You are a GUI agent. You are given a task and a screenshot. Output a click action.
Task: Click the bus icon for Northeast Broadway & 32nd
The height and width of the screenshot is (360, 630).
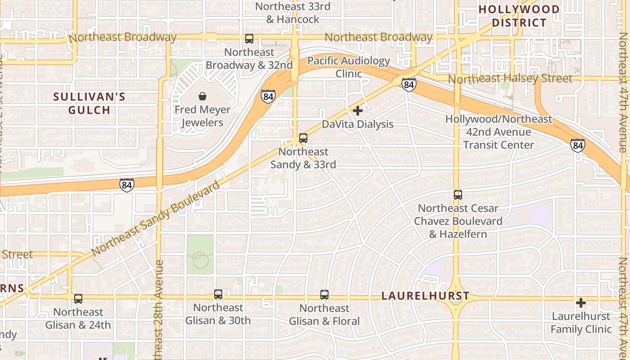click(249, 39)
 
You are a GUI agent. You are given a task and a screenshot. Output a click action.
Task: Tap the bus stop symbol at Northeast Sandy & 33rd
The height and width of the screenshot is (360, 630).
click(303, 138)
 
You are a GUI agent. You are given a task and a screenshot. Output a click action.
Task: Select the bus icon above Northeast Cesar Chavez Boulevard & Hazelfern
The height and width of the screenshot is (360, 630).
click(458, 195)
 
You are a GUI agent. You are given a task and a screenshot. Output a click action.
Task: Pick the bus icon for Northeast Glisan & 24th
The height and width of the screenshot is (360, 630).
click(78, 298)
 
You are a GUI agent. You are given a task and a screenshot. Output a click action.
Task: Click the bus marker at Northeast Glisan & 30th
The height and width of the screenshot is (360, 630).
click(218, 294)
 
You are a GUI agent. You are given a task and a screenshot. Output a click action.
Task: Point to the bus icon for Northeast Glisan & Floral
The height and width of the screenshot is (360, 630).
click(324, 295)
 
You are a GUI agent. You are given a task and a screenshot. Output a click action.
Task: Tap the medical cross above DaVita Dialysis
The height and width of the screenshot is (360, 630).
click(358, 110)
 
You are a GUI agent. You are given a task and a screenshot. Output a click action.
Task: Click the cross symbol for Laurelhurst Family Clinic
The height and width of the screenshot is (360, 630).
click(581, 303)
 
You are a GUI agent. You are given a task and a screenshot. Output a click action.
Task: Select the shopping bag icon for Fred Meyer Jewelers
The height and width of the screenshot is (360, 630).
click(202, 96)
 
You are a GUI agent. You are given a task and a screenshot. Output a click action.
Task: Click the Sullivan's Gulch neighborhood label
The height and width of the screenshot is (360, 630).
click(89, 103)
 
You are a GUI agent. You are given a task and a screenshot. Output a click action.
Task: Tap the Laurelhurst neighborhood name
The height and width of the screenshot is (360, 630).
click(425, 296)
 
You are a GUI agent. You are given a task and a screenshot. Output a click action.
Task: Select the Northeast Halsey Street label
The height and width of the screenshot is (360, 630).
click(510, 79)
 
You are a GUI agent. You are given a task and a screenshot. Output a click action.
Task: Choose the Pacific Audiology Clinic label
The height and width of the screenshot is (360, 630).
click(349, 67)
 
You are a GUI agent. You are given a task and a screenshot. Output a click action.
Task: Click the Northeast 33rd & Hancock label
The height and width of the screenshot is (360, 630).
click(292, 13)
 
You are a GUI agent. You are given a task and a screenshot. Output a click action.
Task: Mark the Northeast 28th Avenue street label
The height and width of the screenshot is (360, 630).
click(158, 310)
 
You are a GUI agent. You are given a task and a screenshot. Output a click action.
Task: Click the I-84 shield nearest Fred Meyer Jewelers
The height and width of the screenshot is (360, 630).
click(268, 96)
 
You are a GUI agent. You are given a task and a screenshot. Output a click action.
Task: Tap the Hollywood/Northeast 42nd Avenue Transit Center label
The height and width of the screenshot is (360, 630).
click(498, 132)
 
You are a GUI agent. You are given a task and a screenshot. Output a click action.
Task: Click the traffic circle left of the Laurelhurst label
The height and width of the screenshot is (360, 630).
click(456, 297)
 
